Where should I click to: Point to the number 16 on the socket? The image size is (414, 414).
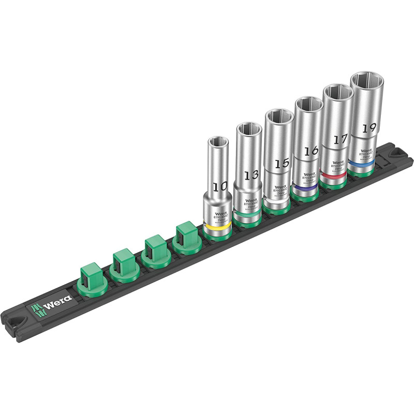pos(310,151)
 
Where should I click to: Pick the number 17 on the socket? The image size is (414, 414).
pos(339,139)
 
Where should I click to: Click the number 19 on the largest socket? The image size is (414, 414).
pos(368,128)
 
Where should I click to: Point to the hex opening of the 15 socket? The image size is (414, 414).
pos(279,115)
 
